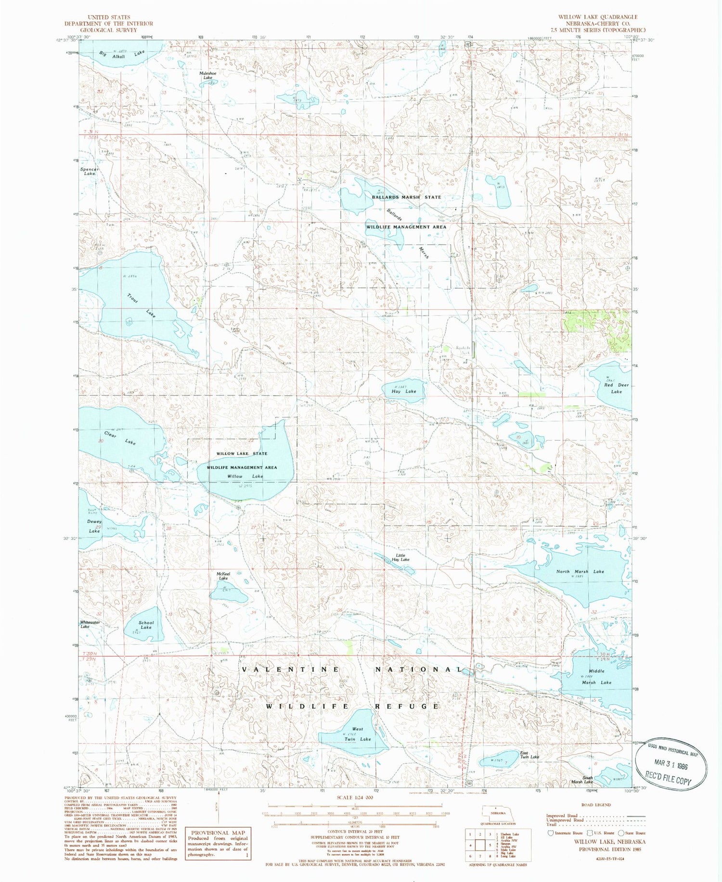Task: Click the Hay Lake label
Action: pyautogui.click(x=404, y=391)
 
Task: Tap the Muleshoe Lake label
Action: pyautogui.click(x=207, y=76)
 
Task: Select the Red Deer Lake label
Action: pyautogui.click(x=616, y=388)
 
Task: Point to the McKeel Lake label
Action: pyautogui.click(x=223, y=576)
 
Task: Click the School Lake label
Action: pyautogui.click(x=146, y=625)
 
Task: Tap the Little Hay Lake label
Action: pyautogui.click(x=400, y=557)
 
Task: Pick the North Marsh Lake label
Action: pyautogui.click(x=580, y=571)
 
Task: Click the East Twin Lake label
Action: pyautogui.click(x=529, y=755)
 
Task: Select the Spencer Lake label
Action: pyautogui.click(x=90, y=171)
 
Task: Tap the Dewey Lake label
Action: pyautogui.click(x=94, y=526)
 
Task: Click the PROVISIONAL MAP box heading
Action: pyautogui.click(x=218, y=832)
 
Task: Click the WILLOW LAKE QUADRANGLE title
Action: pyautogui.click(x=598, y=17)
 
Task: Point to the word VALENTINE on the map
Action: pyautogui.click(x=290, y=669)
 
